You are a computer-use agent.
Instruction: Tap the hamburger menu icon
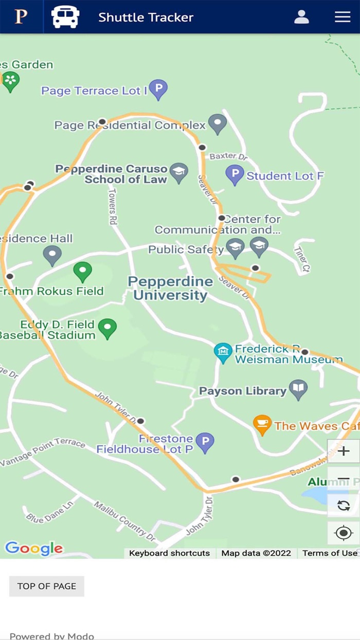[343, 17]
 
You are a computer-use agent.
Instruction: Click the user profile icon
[301, 17]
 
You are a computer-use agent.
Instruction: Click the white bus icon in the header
[65, 17]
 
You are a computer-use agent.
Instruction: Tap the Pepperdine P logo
[21, 17]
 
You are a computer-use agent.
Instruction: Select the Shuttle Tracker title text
[146, 17]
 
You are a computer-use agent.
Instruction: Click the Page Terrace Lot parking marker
[158, 90]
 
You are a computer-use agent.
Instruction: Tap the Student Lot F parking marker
[235, 174]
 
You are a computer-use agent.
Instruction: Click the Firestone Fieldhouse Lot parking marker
[205, 442]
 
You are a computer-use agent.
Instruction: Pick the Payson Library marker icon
[298, 389]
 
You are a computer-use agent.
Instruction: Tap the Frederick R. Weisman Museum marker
[223, 353]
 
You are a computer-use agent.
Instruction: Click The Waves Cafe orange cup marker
[262, 424]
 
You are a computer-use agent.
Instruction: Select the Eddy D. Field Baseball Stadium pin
[107, 328]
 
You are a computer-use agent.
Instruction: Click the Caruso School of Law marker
[178, 173]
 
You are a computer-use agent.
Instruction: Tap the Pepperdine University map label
[170, 289]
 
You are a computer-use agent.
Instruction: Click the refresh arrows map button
[344, 505]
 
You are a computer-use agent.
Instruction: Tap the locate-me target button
[344, 533]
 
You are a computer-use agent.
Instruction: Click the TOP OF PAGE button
[47, 586]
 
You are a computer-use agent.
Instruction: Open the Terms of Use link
[330, 553]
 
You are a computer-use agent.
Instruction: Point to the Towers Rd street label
[113, 206]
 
